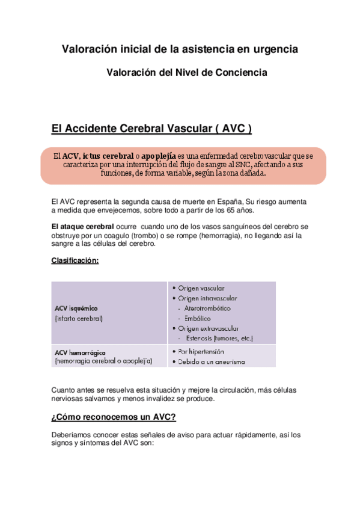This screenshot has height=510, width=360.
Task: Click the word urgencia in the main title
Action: [x=275, y=49]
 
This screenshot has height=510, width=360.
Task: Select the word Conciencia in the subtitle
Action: [x=242, y=73]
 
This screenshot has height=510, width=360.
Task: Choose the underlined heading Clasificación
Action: [x=75, y=260]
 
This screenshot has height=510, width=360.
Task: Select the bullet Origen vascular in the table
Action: [x=200, y=288]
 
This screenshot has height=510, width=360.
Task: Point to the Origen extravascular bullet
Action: [x=208, y=328]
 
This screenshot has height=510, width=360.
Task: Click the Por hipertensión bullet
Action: [x=201, y=351]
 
